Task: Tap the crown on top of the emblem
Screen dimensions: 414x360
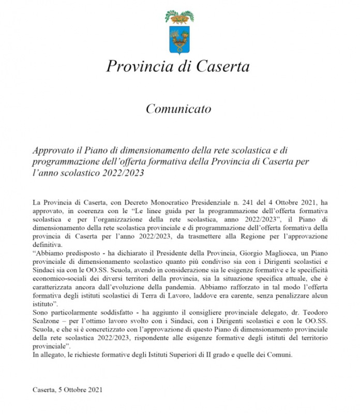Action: tap(179, 17)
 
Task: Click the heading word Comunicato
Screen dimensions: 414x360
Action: tap(178, 109)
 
